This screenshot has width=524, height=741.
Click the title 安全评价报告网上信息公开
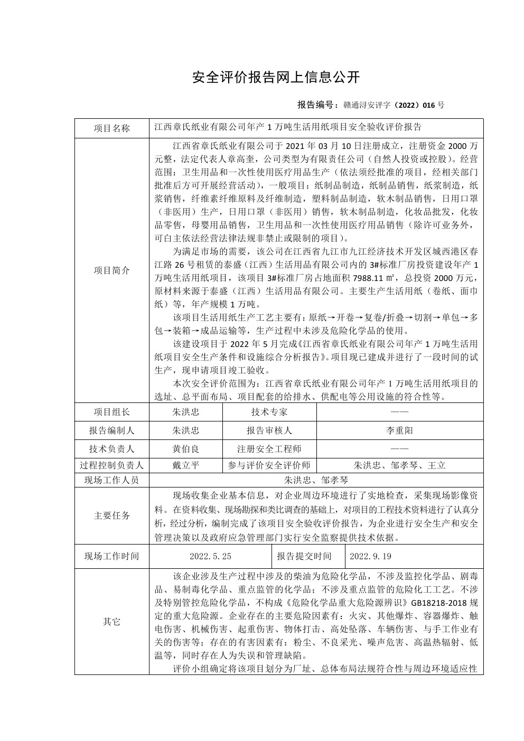276,78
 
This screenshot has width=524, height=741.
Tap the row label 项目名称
111,128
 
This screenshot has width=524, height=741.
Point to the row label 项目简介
111,270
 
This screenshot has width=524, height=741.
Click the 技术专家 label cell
269,412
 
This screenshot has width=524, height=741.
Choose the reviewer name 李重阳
400,430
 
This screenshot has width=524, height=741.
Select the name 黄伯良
186,449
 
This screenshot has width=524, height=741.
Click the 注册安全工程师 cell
269,449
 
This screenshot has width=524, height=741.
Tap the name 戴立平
186,465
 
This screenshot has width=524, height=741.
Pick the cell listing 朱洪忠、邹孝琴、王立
400,465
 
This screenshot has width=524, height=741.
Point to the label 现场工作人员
111,480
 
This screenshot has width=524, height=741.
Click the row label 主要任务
111,515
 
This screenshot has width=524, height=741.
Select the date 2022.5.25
210,556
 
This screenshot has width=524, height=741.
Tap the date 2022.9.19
370,556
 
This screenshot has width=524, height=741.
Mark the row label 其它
111,622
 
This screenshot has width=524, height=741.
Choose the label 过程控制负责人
111,465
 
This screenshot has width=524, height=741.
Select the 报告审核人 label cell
269,430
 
